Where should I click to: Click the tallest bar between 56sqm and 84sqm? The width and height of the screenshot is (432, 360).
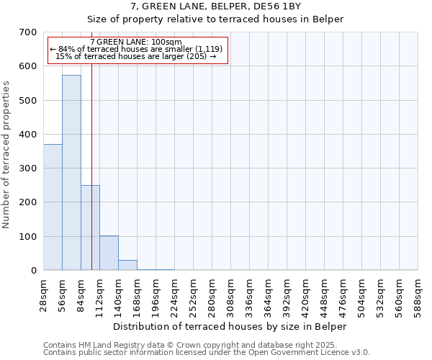pos(71,173)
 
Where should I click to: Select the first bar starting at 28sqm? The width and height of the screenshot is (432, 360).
pos(53,207)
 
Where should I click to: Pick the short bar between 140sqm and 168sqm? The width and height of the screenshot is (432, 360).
pos(127,265)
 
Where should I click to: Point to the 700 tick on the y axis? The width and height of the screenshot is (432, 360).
pos(29,32)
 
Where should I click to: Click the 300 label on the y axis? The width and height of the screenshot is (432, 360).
pos(29,168)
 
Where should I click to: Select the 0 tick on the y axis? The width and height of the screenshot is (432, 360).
pos(33,271)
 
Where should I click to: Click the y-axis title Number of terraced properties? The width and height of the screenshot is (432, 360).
pos(6,155)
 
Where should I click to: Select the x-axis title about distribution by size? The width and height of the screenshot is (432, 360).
pos(230,326)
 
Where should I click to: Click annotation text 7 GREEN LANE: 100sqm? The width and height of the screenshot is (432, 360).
pos(137,42)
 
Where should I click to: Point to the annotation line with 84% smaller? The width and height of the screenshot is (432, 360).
pos(137,49)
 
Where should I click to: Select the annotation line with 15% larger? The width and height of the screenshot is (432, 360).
pos(137,56)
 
